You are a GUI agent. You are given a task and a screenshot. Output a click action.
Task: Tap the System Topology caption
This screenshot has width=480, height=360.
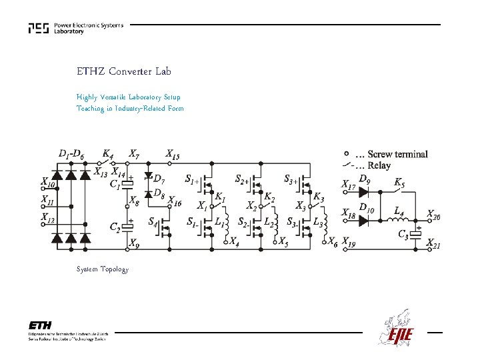click(102, 269)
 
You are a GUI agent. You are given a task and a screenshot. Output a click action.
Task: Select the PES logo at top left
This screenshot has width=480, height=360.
click(39, 29)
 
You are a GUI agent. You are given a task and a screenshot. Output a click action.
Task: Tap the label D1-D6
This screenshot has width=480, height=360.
click(71, 154)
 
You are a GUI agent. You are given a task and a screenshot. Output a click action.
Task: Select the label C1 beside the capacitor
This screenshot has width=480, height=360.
click(115, 184)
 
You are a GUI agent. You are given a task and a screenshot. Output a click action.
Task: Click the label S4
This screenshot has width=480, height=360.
click(153, 221)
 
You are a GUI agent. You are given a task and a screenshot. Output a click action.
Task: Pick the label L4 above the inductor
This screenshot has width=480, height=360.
click(399, 211)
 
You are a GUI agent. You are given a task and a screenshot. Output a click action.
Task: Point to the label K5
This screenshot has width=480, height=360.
click(399, 181)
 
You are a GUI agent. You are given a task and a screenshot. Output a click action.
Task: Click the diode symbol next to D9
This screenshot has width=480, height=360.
click(364, 192)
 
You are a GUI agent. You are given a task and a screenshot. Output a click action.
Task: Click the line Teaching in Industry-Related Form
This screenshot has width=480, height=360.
click(130, 109)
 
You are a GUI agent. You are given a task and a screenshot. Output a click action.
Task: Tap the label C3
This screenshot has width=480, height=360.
click(404, 233)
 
